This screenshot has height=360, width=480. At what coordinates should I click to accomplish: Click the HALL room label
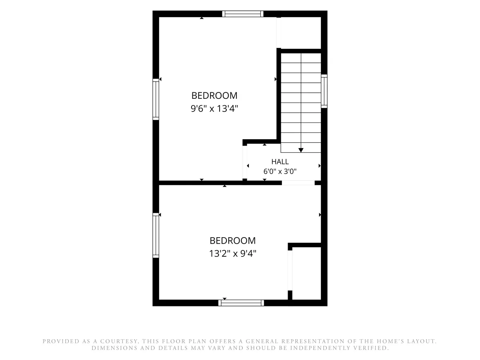click(x=280, y=162)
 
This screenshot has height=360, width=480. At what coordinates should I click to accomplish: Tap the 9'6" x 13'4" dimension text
click(x=214, y=108)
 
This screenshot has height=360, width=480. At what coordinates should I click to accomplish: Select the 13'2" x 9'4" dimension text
click(x=233, y=254)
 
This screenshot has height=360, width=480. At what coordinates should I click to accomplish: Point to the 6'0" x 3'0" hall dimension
click(x=280, y=171)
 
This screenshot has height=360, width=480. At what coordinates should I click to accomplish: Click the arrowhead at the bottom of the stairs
click(x=301, y=150)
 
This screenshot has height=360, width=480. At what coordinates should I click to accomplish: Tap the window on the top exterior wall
click(x=243, y=14)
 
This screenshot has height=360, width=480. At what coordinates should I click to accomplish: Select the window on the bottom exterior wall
click(x=241, y=303)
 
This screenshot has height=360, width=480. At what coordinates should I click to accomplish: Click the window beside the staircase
click(x=324, y=91)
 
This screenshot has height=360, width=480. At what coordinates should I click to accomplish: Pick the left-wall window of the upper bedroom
click(x=156, y=99)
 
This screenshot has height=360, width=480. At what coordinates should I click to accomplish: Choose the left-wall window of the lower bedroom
click(x=156, y=235)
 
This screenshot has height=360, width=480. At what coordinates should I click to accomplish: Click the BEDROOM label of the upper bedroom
click(x=214, y=96)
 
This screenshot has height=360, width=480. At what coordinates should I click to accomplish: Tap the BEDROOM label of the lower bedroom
click(x=233, y=241)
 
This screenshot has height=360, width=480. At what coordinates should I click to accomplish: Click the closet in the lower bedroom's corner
click(x=306, y=273)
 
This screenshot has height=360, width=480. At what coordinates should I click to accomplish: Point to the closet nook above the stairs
click(x=299, y=33)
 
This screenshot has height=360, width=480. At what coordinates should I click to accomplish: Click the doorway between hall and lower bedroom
click(x=298, y=183)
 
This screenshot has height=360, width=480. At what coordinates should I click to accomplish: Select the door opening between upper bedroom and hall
click(x=245, y=162)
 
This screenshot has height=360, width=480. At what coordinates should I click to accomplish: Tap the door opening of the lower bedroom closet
click(x=290, y=270)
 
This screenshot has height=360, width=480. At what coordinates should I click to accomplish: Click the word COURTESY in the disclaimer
click(x=119, y=341)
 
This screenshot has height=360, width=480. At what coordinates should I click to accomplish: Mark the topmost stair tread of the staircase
click(x=301, y=58)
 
